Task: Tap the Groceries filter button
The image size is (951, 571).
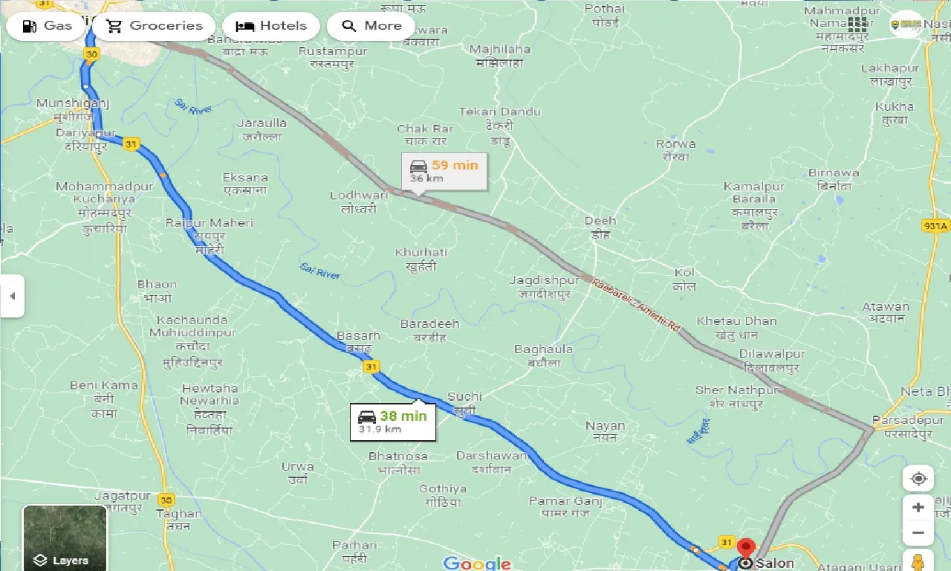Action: click(155, 26)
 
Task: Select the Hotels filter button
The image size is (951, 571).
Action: click(271, 26)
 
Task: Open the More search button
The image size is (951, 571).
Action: click(371, 26)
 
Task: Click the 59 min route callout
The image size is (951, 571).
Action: click(444, 171)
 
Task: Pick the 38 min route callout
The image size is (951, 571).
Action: click(392, 422)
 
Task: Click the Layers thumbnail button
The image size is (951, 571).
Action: click(65, 538)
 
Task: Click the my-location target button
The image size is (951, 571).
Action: click(918, 478)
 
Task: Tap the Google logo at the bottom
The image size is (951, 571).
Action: click(477, 563)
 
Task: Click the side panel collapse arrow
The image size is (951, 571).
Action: click(12, 296)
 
